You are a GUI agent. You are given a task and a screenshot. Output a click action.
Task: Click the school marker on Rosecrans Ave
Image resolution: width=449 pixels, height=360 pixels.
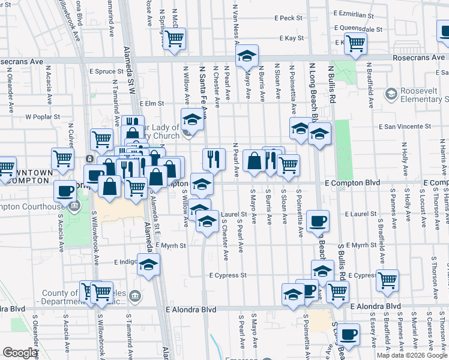tap(246, 56)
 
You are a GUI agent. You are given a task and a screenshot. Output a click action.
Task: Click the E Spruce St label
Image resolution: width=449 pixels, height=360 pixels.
tap(106, 71)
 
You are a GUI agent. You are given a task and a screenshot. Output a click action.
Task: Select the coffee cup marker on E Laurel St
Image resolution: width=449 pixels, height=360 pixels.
tap(318, 221)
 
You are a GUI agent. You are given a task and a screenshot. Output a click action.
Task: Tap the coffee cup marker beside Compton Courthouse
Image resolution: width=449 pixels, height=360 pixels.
tap(65, 191)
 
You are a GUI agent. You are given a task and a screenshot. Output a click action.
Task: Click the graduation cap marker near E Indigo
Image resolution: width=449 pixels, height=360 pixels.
tap(148, 264)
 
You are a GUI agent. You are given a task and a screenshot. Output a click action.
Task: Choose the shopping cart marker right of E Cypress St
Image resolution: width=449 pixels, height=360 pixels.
tap(388, 279)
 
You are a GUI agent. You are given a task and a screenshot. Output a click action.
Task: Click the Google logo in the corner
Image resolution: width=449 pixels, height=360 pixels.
tap(20, 353)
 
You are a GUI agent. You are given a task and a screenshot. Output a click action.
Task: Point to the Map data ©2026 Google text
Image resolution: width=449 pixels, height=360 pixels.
tap(412, 355)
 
